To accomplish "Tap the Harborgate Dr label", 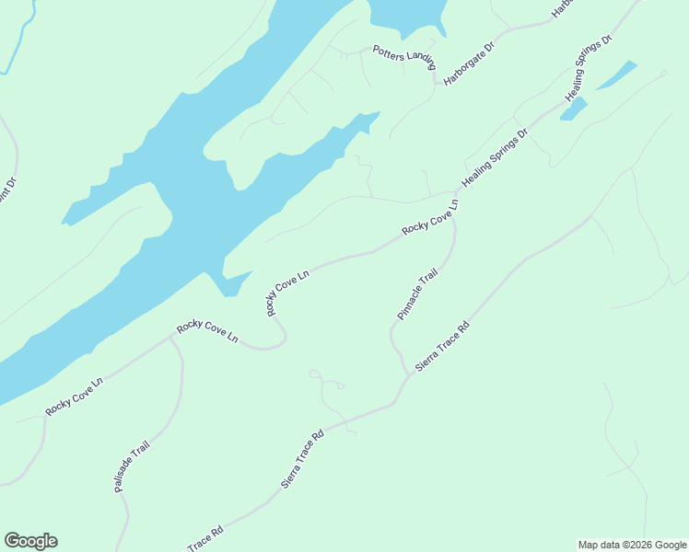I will tap(469, 63).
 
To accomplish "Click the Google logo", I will tap(30, 541).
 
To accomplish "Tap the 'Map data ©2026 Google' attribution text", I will tap(631, 545).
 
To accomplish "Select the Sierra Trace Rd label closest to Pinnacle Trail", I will tap(442, 346).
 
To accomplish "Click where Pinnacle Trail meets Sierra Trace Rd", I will tap(406, 373).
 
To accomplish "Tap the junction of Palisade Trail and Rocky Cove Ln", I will tap(170, 338).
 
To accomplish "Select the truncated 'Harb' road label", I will tap(561, 7).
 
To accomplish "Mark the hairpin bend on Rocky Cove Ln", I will tap(280, 340).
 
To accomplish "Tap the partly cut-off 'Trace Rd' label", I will tap(205, 538).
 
